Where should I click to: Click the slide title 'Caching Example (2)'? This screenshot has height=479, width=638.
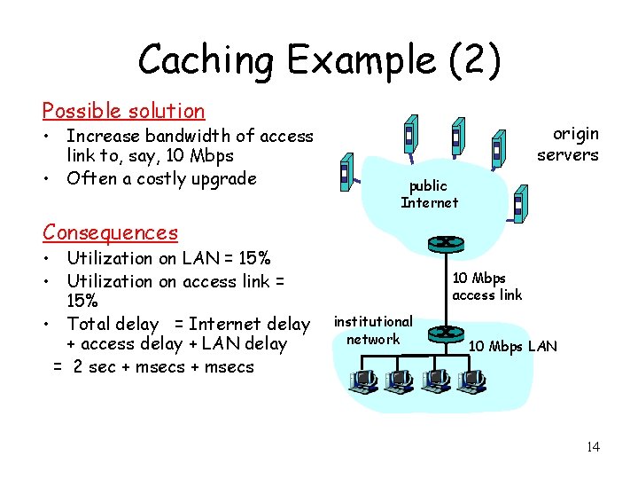click(x=319, y=60)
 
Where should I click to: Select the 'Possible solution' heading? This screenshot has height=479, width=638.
click(x=123, y=111)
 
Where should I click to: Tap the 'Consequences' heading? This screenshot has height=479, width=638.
click(x=110, y=232)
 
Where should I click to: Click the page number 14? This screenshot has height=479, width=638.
click(x=592, y=446)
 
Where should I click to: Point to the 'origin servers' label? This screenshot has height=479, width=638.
click(x=567, y=144)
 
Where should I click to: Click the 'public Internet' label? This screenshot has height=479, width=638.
click(x=430, y=193)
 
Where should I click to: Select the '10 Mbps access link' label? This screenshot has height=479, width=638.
click(x=487, y=287)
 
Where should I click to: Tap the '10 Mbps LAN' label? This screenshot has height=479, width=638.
click(x=513, y=346)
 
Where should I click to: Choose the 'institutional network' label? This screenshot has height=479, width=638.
click(x=373, y=330)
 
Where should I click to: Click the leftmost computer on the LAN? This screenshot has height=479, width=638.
click(x=362, y=381)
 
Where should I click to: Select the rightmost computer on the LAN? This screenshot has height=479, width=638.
click(x=471, y=381)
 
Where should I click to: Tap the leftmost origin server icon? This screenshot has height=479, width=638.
click(x=346, y=173)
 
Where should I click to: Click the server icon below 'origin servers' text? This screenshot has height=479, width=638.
click(x=519, y=208)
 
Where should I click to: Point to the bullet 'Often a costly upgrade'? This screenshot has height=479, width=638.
click(x=161, y=178)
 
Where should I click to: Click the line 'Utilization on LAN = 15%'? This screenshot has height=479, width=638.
click(x=168, y=258)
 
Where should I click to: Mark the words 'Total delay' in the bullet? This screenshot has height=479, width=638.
click(x=113, y=324)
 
